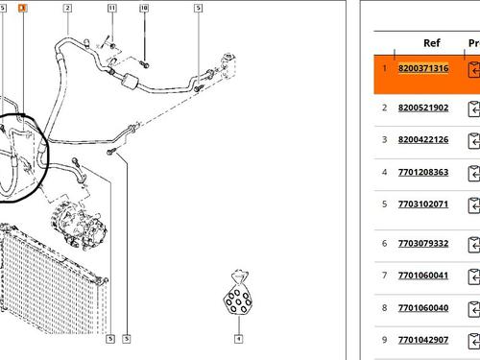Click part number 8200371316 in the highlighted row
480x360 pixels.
[423, 68]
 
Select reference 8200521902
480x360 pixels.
[423, 108]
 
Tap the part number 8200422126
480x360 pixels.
[423, 139]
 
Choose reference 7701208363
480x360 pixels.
[423, 172]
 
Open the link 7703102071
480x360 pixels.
[423, 204]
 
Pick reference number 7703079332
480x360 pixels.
[423, 244]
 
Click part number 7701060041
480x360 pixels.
[423, 276]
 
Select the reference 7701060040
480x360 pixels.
[423, 308]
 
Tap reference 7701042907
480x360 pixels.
[423, 340]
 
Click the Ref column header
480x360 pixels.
[432, 43]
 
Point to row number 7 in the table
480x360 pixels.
[384, 276]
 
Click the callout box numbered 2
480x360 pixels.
[67, 9]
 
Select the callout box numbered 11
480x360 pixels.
[112, 9]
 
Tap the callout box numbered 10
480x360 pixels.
[144, 9]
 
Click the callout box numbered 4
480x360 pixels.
[238, 339]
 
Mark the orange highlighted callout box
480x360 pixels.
[22, 8]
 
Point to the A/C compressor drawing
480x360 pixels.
[79, 225]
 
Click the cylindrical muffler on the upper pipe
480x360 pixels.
[130, 81]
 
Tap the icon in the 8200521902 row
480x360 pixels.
[474, 108]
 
